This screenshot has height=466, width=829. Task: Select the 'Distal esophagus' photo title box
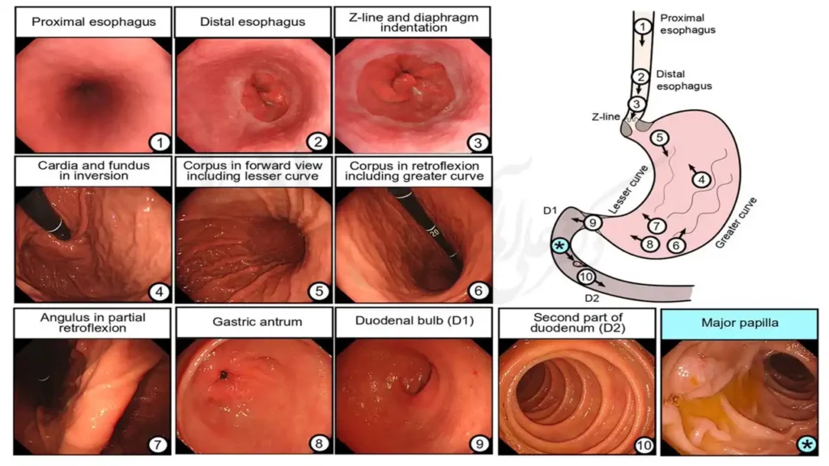pos(252,22)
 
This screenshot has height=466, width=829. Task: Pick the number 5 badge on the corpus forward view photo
pos(319,292)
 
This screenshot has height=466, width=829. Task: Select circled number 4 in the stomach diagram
pos(702,179)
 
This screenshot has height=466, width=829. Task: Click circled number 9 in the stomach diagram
pos(593,222)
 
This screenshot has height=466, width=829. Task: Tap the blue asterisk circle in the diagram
pos(558,244)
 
